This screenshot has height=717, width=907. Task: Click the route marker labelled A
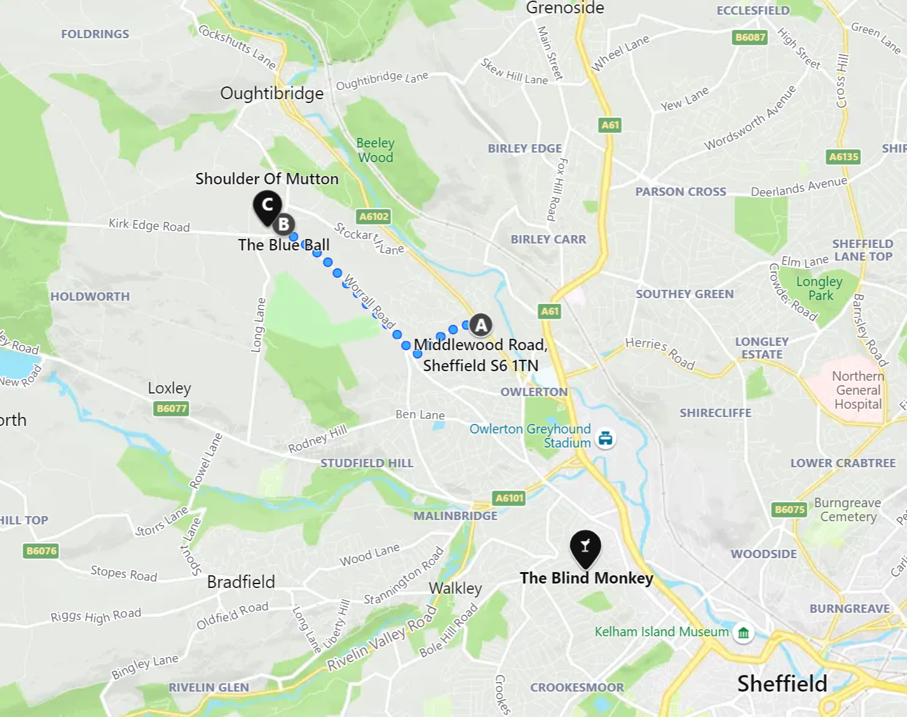(481, 325)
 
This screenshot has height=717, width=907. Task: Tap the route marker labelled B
(283, 224)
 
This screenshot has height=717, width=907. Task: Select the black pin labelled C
(268, 205)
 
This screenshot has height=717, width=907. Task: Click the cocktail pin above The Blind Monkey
(585, 546)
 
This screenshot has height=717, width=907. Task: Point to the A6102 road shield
(374, 216)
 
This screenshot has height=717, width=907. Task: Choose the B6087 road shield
(750, 37)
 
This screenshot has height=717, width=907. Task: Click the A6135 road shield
(843, 156)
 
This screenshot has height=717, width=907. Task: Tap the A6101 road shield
(509, 498)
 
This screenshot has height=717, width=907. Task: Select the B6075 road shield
(789, 509)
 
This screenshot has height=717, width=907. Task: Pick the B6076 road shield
(41, 550)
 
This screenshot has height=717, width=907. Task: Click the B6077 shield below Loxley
(172, 408)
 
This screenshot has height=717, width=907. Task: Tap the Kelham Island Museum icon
(743, 632)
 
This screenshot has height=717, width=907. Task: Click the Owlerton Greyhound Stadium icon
(606, 437)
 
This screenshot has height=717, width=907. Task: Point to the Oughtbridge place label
(271, 93)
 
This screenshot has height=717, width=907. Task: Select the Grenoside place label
(564, 8)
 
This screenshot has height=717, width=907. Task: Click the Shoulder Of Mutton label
(266, 179)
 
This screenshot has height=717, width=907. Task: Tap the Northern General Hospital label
(857, 390)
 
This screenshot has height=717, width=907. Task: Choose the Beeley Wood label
(375, 150)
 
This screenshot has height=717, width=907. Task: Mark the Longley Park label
(819, 288)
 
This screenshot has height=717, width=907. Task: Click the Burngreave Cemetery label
(847, 510)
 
